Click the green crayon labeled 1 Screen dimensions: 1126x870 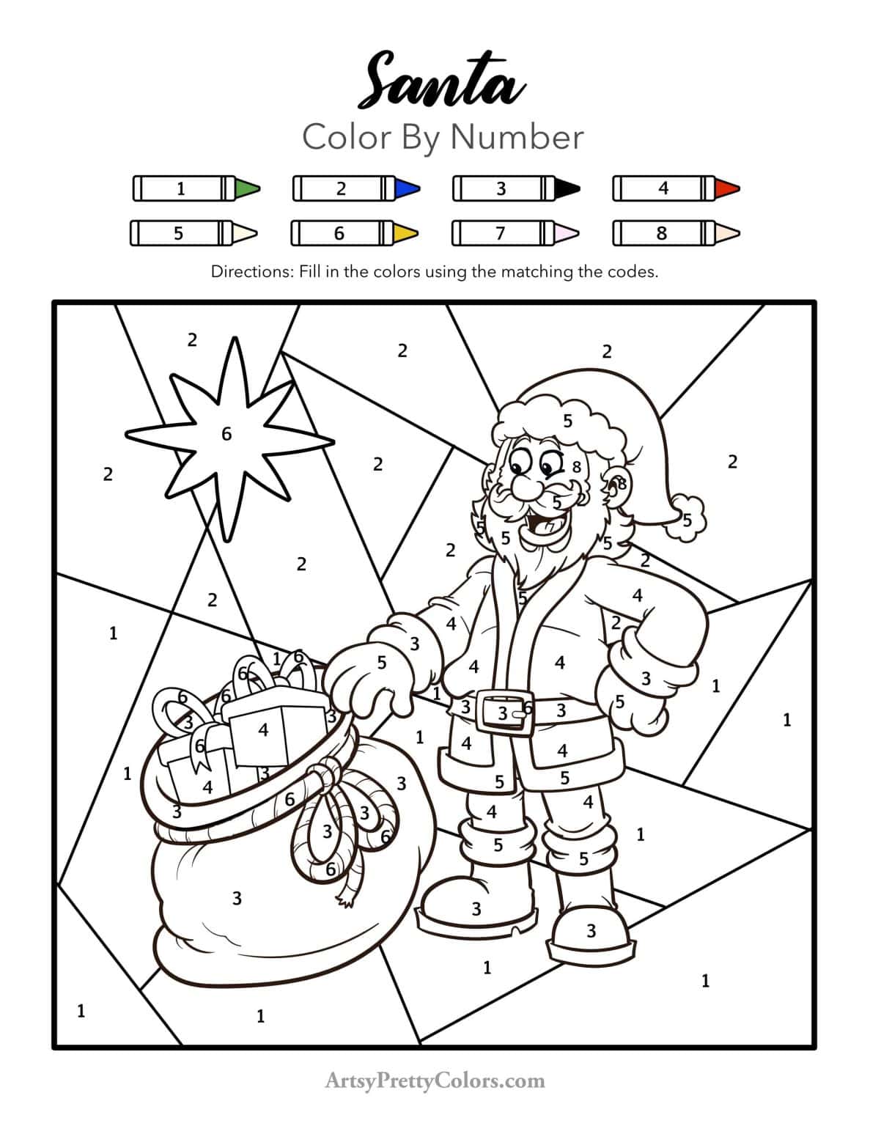[x=196, y=188]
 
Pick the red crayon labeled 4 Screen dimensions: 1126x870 [x=676, y=188]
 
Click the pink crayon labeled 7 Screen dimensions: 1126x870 [x=515, y=233]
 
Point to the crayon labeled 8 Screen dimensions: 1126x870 [x=675, y=233]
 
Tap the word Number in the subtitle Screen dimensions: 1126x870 [x=517, y=137]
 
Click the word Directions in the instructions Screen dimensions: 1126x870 [x=251, y=272]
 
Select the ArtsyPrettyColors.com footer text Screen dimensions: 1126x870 [x=435, y=1081]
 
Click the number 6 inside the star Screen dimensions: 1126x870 [x=226, y=435]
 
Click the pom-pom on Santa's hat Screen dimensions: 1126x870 [x=689, y=518]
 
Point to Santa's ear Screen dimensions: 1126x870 [x=617, y=485]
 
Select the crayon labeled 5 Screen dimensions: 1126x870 [x=193, y=233]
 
